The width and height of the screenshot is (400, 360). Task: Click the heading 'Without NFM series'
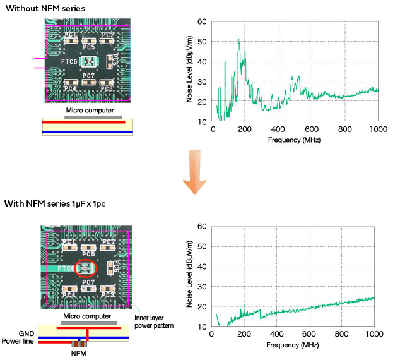(x=44, y=8)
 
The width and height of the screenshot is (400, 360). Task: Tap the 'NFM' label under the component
(x=78, y=354)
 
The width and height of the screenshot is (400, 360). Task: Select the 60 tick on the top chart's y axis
(x=203, y=22)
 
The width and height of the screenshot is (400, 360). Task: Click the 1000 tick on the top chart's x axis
(x=377, y=129)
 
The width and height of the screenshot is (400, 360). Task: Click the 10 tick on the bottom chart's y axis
(x=203, y=327)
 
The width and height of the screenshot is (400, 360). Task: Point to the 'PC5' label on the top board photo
(x=88, y=47)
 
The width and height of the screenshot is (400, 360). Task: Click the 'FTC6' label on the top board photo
(x=70, y=62)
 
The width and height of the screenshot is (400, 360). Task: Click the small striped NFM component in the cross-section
(x=78, y=344)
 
